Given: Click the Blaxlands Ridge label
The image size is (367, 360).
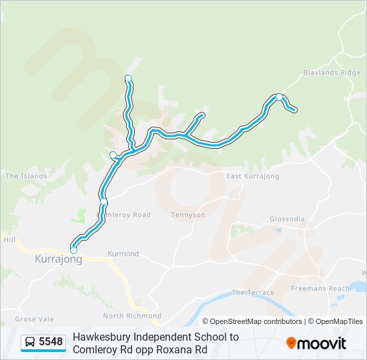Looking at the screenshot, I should (x=332, y=73).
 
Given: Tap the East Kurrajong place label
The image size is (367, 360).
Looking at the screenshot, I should (x=252, y=176).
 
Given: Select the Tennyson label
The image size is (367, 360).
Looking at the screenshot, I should (x=188, y=215).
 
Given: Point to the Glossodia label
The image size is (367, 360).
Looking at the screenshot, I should (x=286, y=219).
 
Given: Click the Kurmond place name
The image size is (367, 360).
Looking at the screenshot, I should (x=123, y=254).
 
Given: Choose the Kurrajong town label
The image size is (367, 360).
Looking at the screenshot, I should (x=58, y=259).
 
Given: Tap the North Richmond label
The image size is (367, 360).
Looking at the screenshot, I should (x=132, y=315).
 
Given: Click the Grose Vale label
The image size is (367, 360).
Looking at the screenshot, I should (x=34, y=319).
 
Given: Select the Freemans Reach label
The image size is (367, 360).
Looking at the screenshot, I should (x=320, y=289).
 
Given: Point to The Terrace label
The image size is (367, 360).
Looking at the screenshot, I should (x=253, y=293).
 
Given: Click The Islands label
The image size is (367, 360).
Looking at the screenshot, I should (x=26, y=176).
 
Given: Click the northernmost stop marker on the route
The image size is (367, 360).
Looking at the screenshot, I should (x=128, y=79).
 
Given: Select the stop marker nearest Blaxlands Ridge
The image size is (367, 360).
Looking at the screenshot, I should (x=279, y=97).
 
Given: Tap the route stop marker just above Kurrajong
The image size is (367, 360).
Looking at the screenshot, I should (x=73, y=250).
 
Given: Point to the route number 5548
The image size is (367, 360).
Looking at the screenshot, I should (x=51, y=342).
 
